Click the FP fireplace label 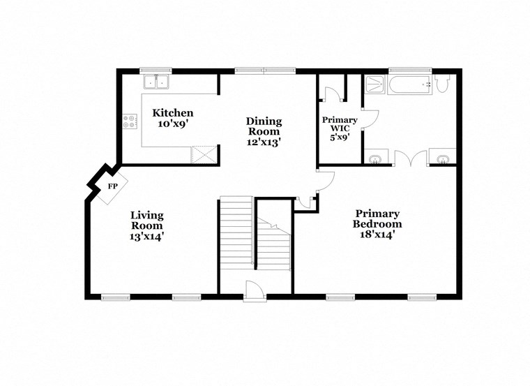pyautogui.click(x=112, y=187)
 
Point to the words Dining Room pyautogui.click(x=263, y=126)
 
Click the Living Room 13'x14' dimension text pyautogui.click(x=146, y=237)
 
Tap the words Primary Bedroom pyautogui.click(x=377, y=219)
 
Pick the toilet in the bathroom pyautogui.click(x=441, y=84)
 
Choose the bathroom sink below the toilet pyautogui.click(x=441, y=158)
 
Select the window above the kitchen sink pyautogui.click(x=156, y=70)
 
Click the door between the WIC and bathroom pyautogui.click(x=370, y=117)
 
